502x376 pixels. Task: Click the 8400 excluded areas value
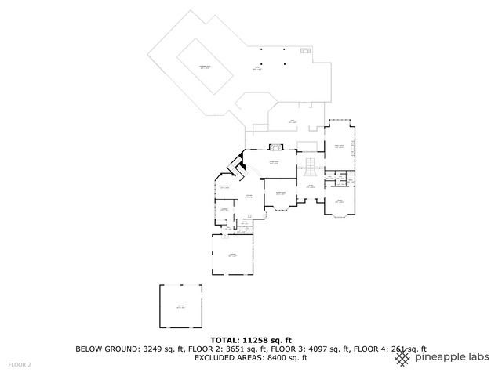coord(271,357)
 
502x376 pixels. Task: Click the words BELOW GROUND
coord(104,349)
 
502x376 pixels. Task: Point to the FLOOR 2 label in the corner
coord(20,365)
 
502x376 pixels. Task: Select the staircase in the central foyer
coord(310,166)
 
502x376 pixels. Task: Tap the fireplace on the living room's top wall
coord(275,146)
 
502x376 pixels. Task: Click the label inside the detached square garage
coord(180,306)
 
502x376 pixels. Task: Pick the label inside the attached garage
coord(233,255)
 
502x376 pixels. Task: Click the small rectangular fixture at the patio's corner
coord(304,52)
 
